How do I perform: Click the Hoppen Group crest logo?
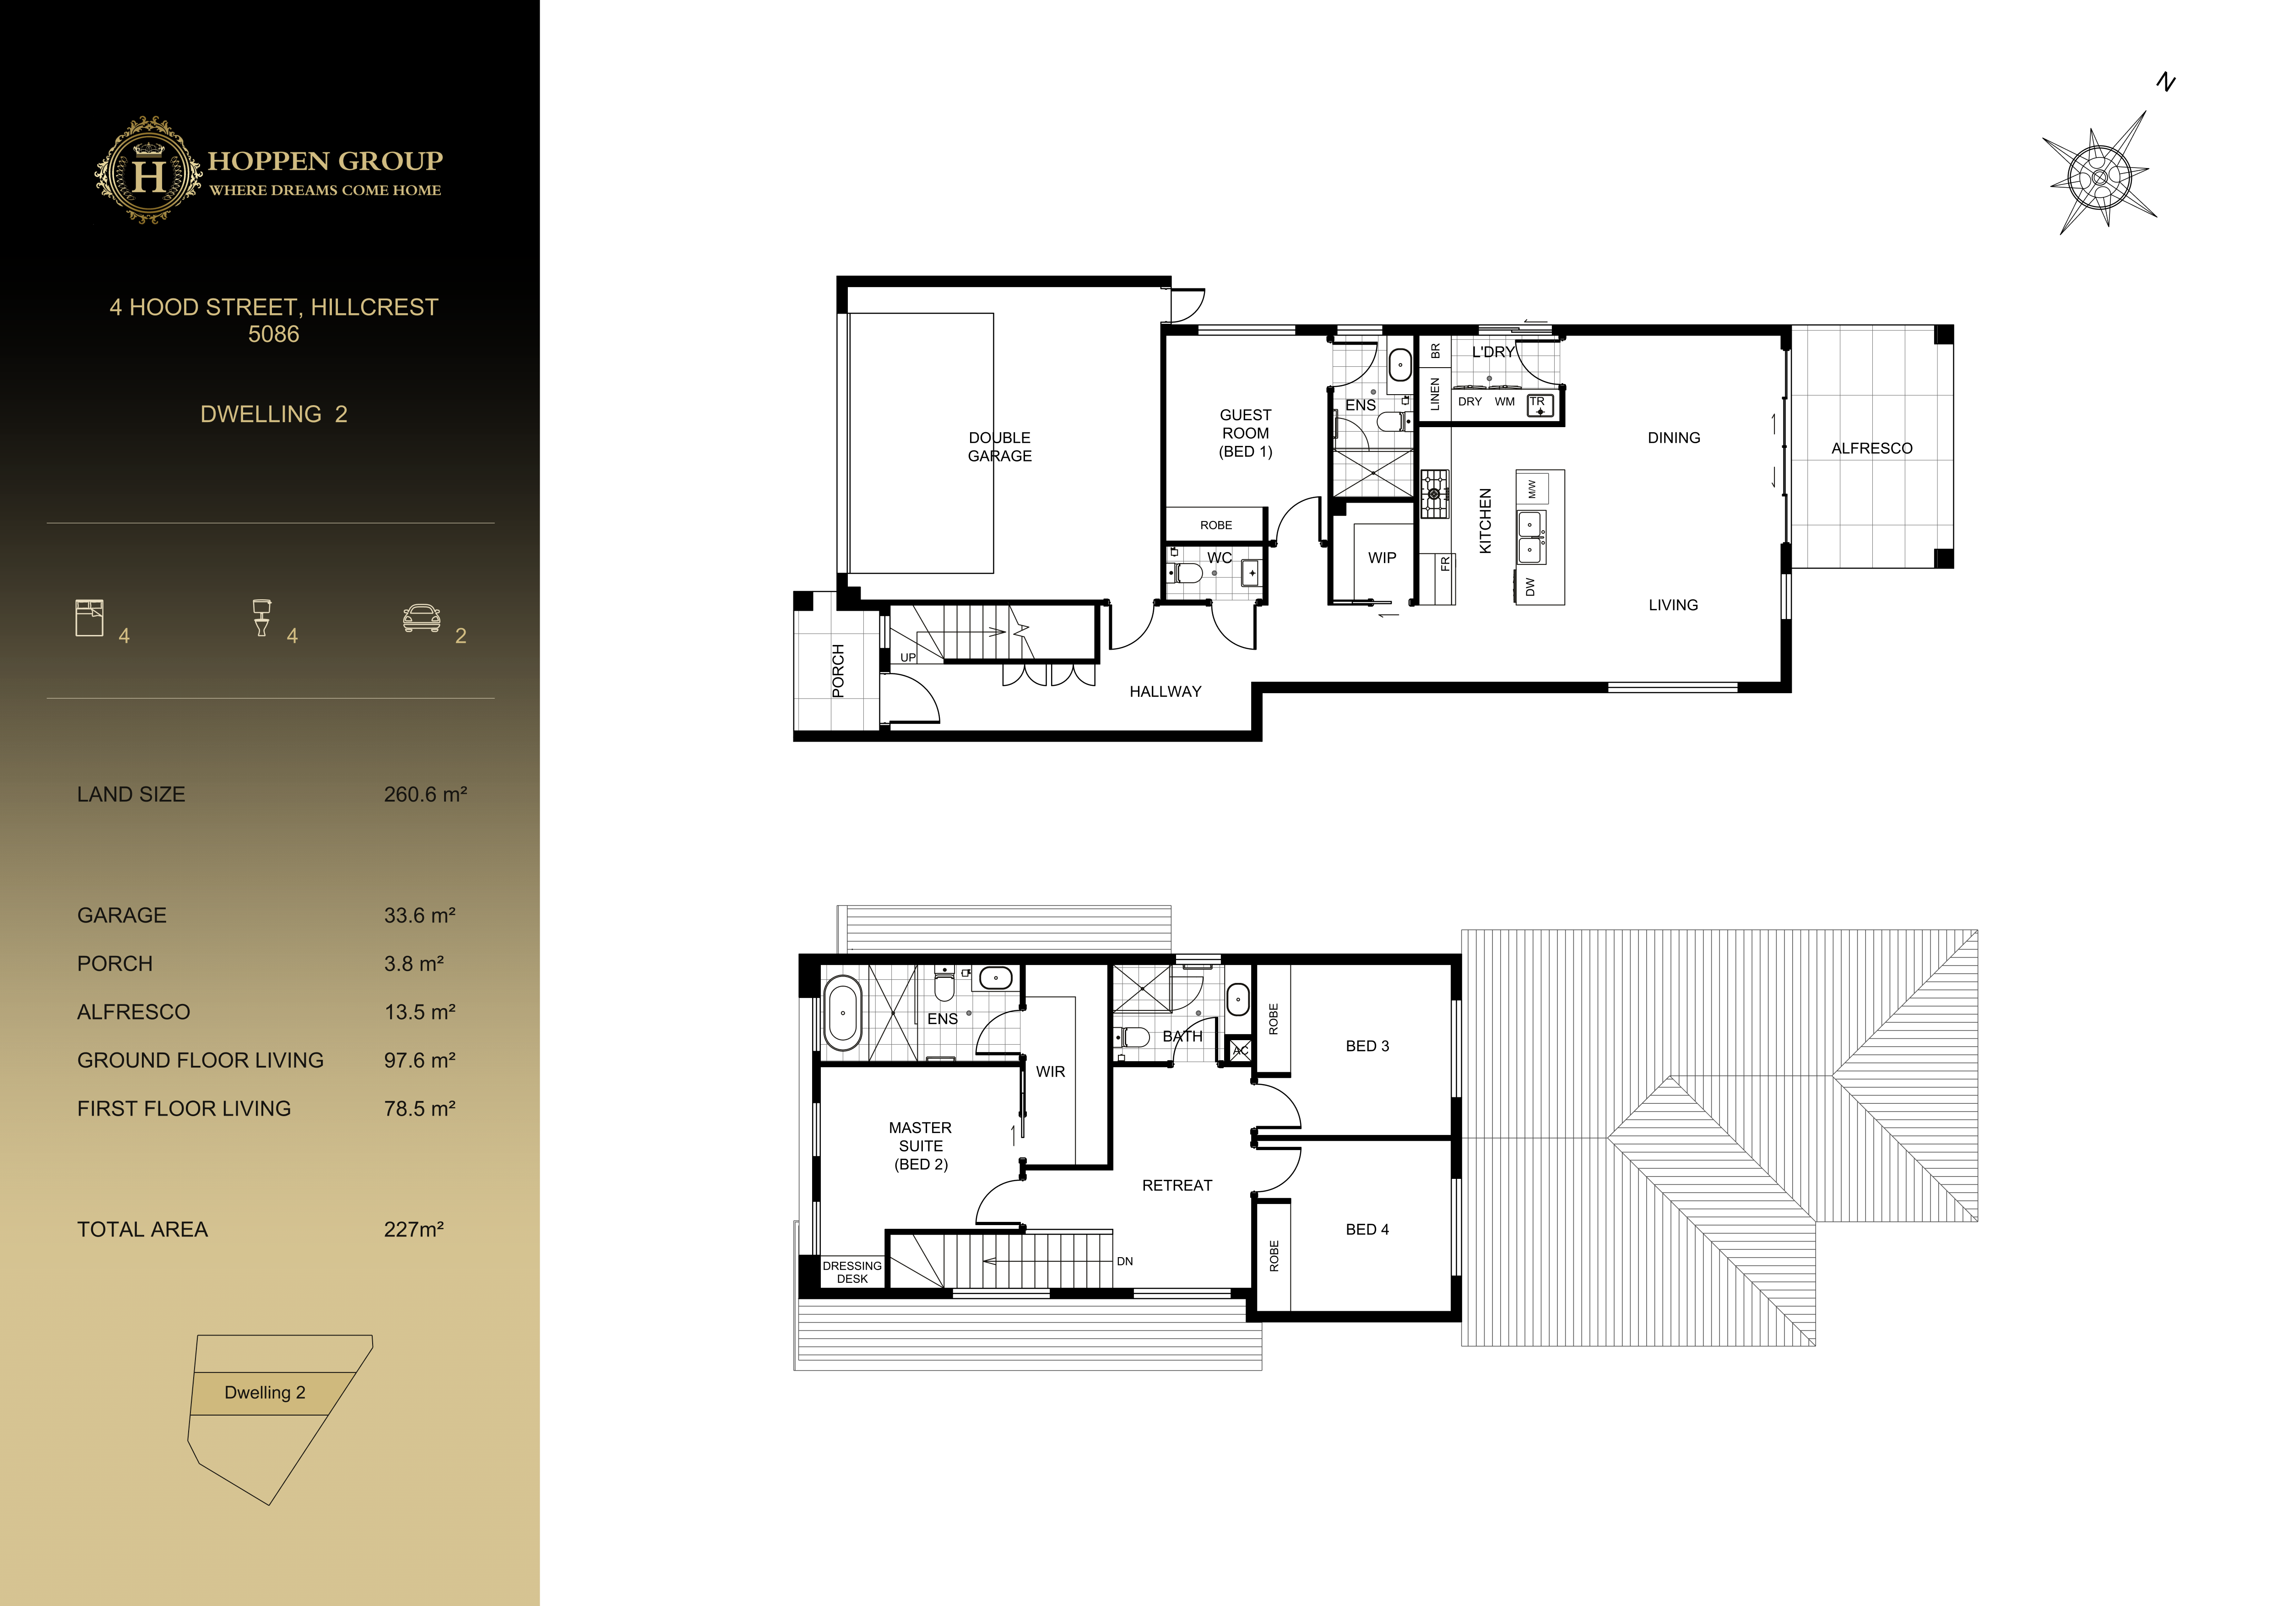click(148, 171)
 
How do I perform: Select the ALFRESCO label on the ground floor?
click(1871, 448)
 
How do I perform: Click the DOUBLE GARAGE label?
click(999, 446)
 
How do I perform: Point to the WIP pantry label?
click(1382, 558)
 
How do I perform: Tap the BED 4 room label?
click(1366, 1229)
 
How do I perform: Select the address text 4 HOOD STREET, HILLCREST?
click(273, 308)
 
